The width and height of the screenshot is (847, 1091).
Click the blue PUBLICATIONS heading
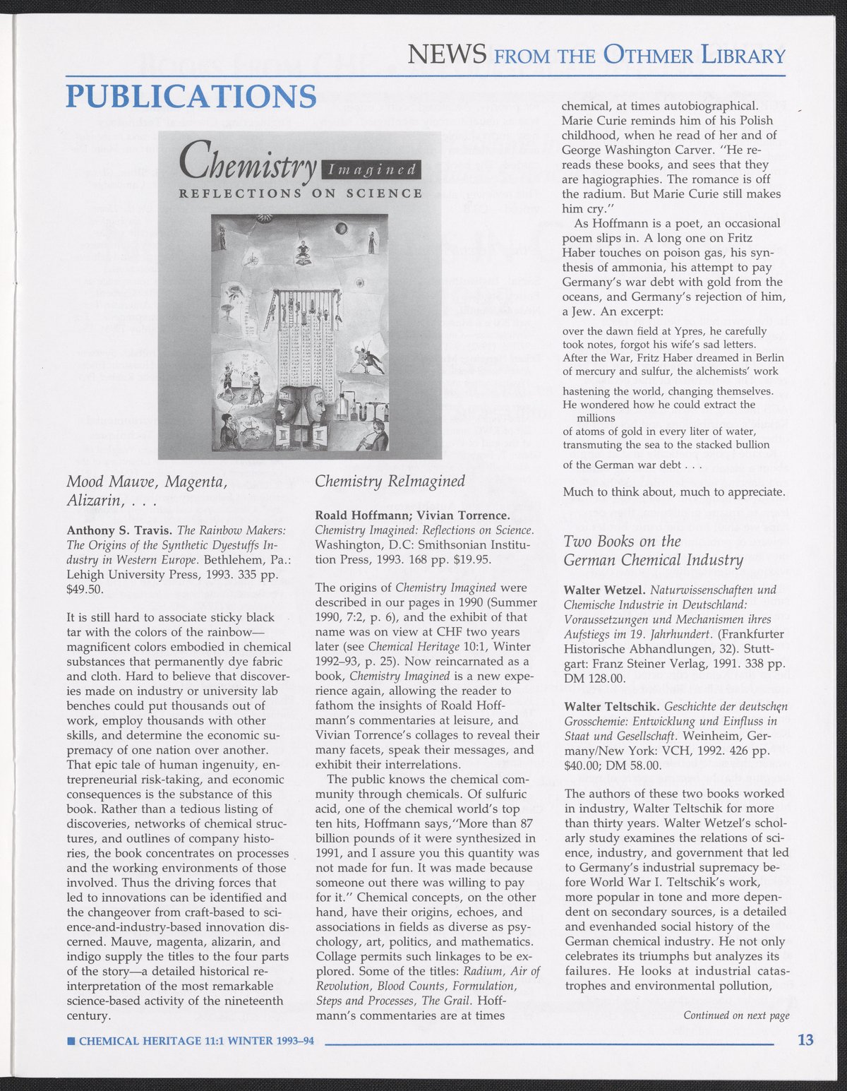click(x=191, y=96)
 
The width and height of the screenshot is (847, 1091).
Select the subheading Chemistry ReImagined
click(x=390, y=481)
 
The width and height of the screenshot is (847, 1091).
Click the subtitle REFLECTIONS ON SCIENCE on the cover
click(x=301, y=193)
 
